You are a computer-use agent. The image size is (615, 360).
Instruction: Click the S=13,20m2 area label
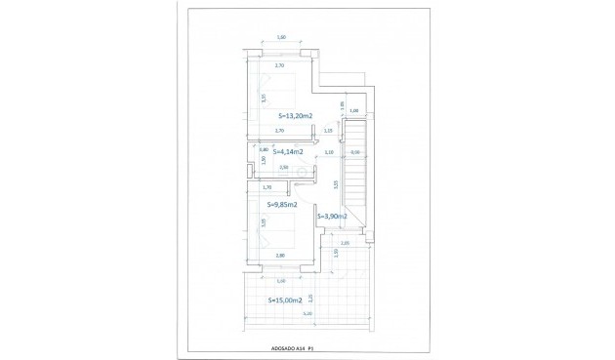click(288, 116)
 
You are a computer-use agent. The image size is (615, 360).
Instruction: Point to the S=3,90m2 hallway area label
click(333, 216)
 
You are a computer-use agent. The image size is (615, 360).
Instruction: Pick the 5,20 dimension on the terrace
click(307, 313)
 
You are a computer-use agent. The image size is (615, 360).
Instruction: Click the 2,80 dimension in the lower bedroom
click(280, 256)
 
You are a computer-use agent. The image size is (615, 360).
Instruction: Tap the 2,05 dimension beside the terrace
click(344, 243)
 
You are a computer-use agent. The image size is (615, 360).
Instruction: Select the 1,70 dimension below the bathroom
click(268, 186)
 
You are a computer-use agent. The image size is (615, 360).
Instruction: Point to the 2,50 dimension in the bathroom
click(284, 168)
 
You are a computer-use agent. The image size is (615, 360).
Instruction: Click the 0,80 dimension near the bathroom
click(264, 149)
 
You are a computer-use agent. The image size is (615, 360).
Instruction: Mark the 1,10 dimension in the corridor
click(328, 152)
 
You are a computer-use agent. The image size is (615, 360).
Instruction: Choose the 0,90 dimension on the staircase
click(354, 152)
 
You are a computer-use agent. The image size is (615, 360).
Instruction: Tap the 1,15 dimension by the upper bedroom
click(328, 130)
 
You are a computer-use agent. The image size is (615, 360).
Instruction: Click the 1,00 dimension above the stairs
click(354, 111)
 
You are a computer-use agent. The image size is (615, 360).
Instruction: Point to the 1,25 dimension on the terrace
click(310, 297)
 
